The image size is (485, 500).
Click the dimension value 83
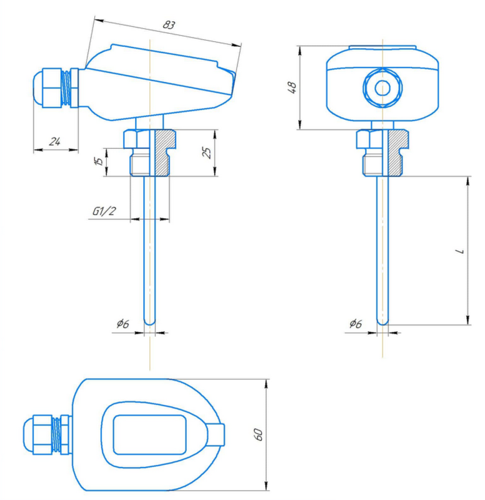[168, 26]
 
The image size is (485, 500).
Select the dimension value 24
[55, 142]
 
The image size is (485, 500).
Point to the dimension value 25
[206, 152]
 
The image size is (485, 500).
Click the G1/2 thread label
[104, 211]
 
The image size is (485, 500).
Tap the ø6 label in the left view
[122, 324]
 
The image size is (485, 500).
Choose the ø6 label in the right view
[355, 324]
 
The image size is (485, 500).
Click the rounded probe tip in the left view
[150, 321]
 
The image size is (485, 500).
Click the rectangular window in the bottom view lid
[149, 435]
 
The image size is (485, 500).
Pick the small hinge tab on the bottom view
[218, 434]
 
